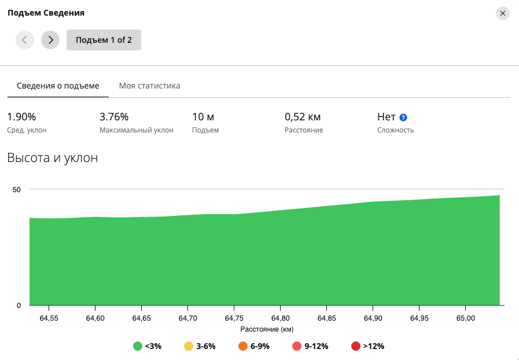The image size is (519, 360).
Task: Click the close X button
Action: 502,13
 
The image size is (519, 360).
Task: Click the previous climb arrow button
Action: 25,40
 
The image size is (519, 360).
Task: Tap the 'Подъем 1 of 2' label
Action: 104,40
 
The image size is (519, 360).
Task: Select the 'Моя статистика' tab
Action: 150,86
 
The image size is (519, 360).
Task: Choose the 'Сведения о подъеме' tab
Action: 58,86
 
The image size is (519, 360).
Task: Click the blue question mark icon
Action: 403,117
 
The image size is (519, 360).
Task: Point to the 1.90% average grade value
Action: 21,117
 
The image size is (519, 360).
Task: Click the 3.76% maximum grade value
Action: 114,117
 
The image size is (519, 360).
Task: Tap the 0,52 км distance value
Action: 303,117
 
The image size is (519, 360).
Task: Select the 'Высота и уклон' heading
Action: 53,157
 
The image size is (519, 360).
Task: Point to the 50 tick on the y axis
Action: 17,190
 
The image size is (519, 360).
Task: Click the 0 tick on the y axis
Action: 19,306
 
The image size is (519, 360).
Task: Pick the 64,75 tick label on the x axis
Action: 234,318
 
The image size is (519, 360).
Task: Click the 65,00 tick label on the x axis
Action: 465,318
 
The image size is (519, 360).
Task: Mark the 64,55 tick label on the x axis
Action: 49,318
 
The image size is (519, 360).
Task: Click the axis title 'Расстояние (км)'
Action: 267,329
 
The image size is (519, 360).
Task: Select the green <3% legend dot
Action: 138,346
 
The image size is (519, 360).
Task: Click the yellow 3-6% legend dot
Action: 189,346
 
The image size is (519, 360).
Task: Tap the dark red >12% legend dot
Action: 355,346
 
